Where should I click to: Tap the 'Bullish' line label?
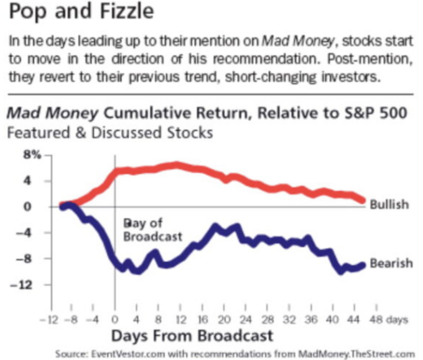[389, 205]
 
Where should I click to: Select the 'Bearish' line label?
[391, 263]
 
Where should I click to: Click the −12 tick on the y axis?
[31, 285]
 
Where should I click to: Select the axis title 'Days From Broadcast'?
[192, 335]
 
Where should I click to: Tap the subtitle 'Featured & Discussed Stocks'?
[110, 132]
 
